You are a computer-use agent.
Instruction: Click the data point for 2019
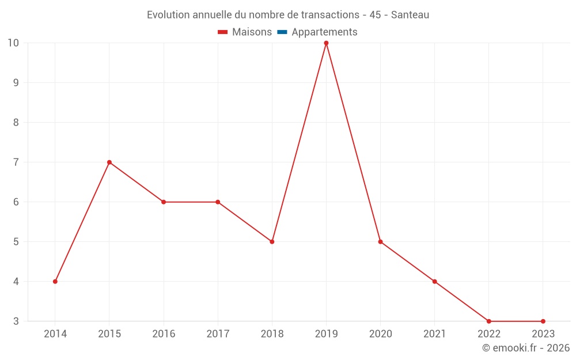[x=326, y=43]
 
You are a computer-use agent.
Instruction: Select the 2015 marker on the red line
[x=109, y=162]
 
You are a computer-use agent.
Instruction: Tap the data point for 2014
[x=55, y=282]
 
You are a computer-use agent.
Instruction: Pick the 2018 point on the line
[x=272, y=242]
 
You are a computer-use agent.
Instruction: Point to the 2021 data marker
[x=434, y=282]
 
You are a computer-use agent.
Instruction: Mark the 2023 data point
[x=543, y=321]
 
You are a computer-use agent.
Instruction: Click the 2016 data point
[x=164, y=202]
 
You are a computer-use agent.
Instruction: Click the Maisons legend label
[x=252, y=32]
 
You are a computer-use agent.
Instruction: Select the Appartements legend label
[x=324, y=32]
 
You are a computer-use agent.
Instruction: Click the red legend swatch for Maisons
[x=223, y=32]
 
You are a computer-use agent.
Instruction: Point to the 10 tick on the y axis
[x=13, y=43]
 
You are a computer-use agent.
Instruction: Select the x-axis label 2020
[x=380, y=334]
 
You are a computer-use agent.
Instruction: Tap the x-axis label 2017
[x=218, y=334]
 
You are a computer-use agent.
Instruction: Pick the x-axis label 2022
[x=489, y=334]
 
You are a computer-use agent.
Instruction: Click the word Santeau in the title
[x=410, y=15]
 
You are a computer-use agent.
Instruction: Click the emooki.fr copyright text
[x=526, y=348]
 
